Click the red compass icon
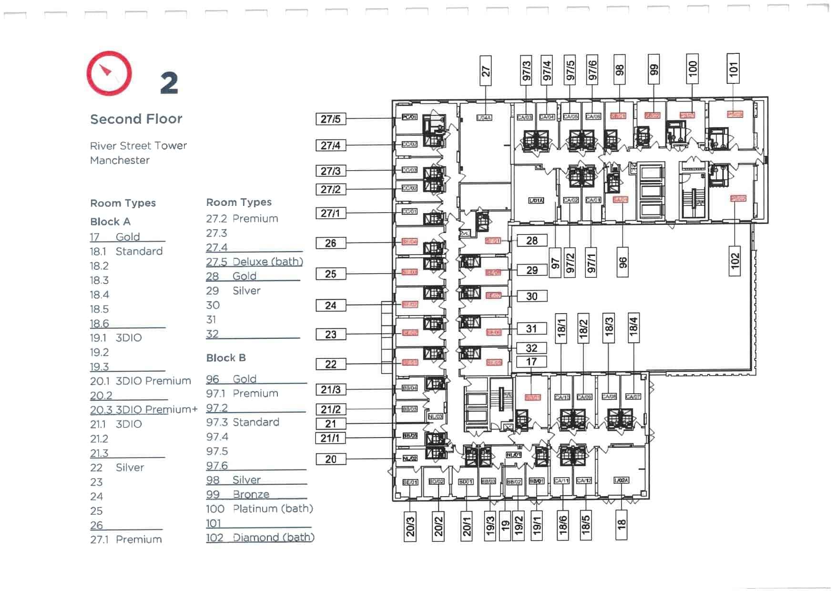[109, 73]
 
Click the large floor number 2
[169, 83]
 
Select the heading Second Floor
[136, 119]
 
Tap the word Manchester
[120, 161]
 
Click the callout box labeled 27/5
[331, 119]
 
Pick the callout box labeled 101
[733, 69]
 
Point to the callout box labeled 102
[735, 261]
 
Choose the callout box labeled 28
[532, 241]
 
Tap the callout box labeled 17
[531, 362]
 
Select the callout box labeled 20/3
[410, 527]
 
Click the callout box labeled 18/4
[633, 327]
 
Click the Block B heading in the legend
[226, 358]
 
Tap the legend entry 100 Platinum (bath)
[259, 509]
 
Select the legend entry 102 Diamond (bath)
[260, 538]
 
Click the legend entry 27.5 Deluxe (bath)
[255, 262]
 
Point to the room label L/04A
[484, 118]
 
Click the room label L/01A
[536, 201]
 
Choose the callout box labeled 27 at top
[485, 71]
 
